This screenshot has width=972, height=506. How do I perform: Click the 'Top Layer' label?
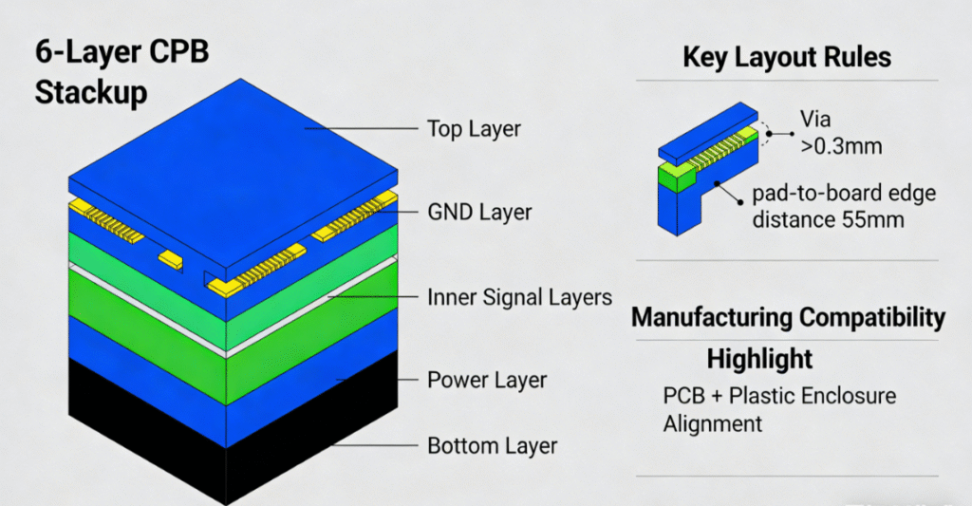[x=473, y=128]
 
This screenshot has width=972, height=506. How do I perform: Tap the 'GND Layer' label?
[x=478, y=212]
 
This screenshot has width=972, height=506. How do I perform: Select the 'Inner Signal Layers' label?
[x=519, y=297]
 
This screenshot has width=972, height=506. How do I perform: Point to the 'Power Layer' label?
[x=487, y=380]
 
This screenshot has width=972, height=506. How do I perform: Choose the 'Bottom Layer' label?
[x=492, y=445]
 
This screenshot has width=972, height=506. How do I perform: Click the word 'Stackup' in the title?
[x=91, y=93]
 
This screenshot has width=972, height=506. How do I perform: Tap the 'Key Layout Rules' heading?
[x=787, y=57]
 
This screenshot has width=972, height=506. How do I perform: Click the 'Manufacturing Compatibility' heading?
[x=789, y=317]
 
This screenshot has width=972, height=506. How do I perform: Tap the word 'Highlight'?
[x=759, y=359]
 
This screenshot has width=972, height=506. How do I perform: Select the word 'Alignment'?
[x=712, y=422]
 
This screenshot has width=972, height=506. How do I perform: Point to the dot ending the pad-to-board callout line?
[x=738, y=197]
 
